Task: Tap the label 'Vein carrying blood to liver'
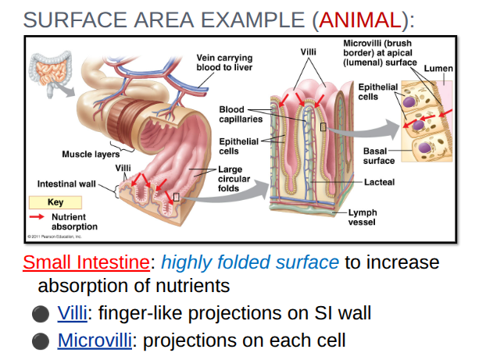click(x=223, y=62)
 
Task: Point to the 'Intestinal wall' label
click(x=66, y=184)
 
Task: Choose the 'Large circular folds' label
click(x=234, y=179)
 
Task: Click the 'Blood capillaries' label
click(x=237, y=114)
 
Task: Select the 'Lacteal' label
click(x=379, y=182)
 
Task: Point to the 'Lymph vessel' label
click(x=362, y=216)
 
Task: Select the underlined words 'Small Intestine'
click(x=86, y=262)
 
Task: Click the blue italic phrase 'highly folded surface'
click(x=250, y=262)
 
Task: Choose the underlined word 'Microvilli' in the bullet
click(x=92, y=340)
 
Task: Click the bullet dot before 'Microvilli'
click(x=40, y=341)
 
